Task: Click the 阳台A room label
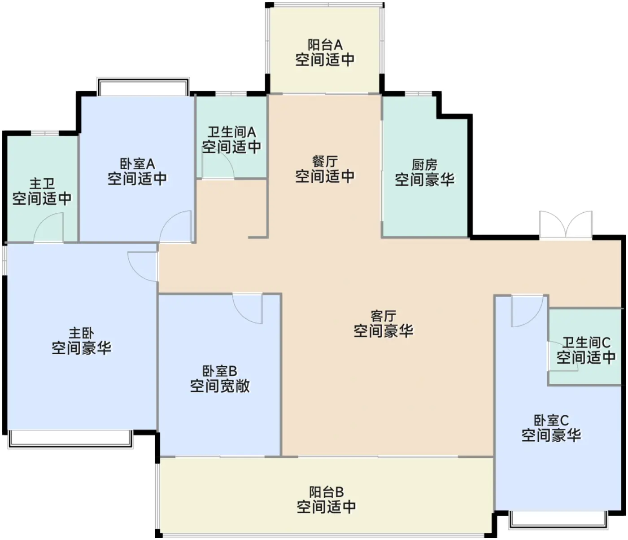click(325, 45)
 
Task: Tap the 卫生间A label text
click(231, 132)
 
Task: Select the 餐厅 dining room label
click(325, 161)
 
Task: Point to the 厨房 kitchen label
click(424, 165)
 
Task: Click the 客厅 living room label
click(383, 316)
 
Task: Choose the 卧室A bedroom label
click(137, 164)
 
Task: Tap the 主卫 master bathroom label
click(42, 184)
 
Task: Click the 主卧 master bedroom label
click(81, 333)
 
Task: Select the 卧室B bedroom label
click(220, 371)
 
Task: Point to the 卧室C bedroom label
click(551, 421)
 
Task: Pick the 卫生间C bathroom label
click(586, 343)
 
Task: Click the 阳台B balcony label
click(326, 492)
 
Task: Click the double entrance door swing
click(566, 224)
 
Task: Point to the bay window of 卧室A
click(143, 87)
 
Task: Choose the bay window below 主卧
click(70, 439)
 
